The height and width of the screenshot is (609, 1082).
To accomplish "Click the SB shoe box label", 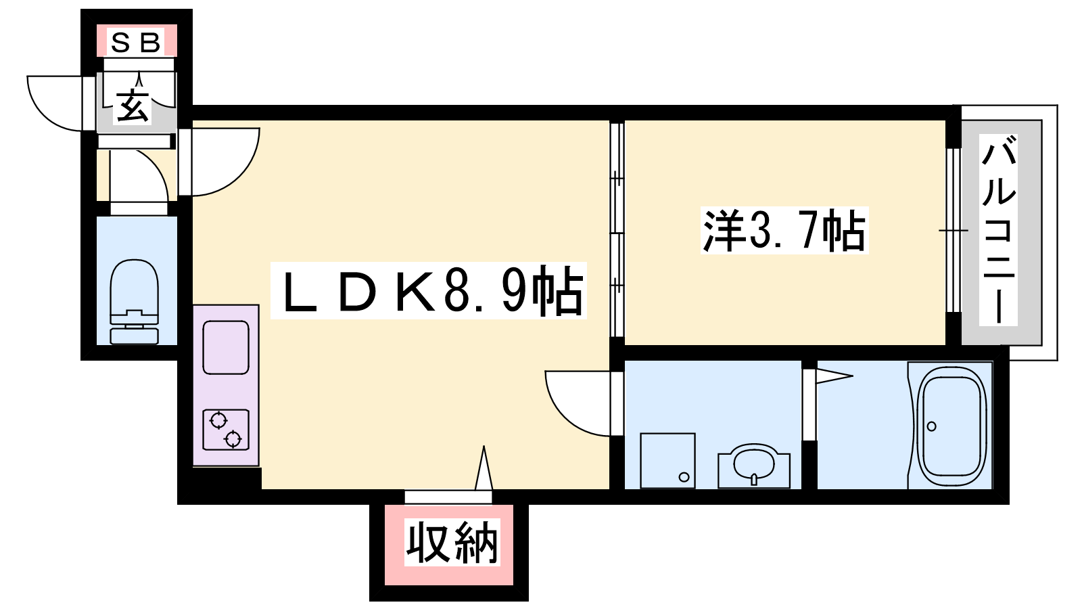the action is click(x=135, y=43).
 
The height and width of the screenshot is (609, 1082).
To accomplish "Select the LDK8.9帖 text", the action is click(x=429, y=290).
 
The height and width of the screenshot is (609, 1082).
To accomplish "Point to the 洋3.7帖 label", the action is click(x=784, y=231).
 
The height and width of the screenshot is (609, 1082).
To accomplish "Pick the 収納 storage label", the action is click(x=452, y=543).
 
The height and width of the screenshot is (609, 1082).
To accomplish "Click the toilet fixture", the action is click(x=135, y=302).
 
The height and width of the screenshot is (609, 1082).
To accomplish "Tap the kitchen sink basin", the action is click(x=226, y=348).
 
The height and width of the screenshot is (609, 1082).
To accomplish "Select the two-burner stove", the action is click(x=226, y=430).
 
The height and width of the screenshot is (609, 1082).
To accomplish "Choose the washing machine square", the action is click(x=667, y=461).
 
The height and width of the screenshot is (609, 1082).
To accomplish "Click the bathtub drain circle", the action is click(x=932, y=426).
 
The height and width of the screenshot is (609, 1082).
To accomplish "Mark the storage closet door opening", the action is click(x=448, y=497).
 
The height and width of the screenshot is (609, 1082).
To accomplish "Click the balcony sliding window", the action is click(x=953, y=230).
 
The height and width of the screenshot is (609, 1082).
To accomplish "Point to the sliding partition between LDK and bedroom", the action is click(x=617, y=229).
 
